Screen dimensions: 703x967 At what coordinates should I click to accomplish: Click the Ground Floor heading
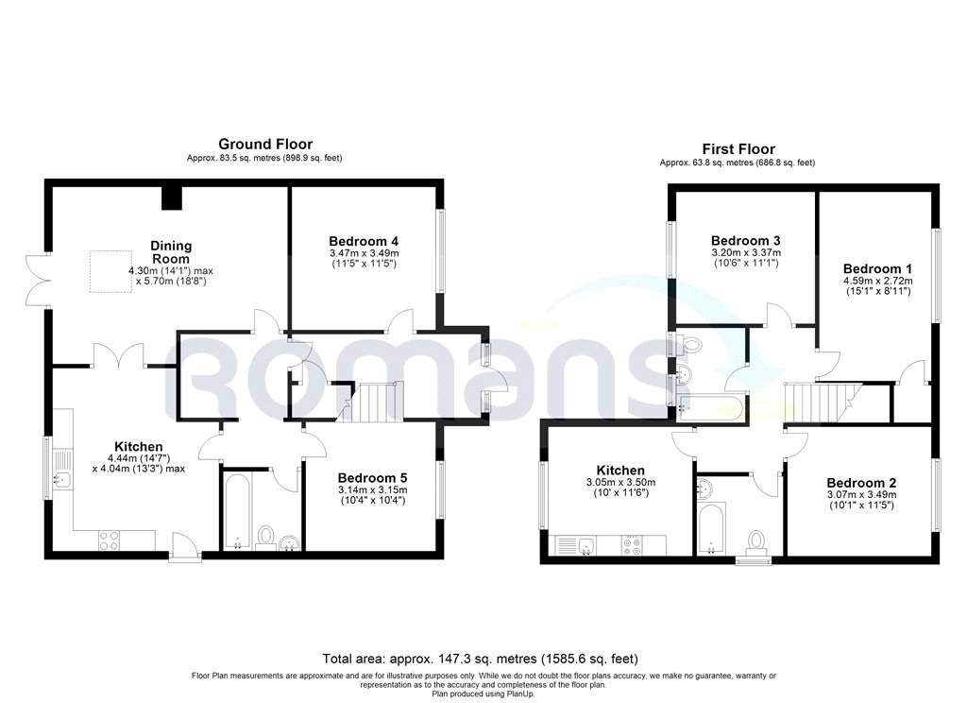coord(266,144)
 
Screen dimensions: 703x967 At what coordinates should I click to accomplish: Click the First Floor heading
coord(738,149)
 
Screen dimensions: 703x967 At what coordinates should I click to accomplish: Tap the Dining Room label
coord(170,252)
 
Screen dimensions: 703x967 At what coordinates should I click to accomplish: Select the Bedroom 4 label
coord(364,240)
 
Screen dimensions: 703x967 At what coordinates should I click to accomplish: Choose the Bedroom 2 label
coord(860,482)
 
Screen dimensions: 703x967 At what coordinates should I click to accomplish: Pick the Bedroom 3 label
coord(745,240)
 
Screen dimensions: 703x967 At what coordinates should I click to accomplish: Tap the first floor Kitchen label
coord(620,471)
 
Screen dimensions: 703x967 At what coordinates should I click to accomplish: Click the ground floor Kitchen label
coord(139,447)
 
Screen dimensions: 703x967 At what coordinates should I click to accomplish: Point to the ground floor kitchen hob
coord(110,540)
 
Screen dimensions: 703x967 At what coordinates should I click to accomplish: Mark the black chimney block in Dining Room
coord(171,198)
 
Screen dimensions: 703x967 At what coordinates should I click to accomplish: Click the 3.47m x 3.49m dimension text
coord(364,253)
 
